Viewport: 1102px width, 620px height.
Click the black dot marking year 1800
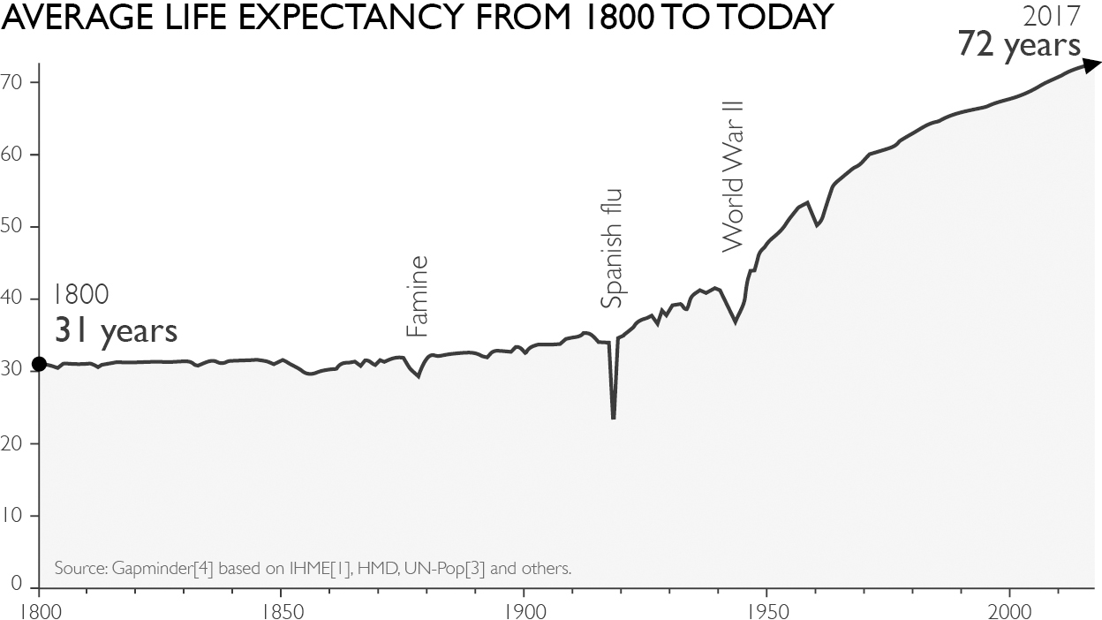(x=39, y=364)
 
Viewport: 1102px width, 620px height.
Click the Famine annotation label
(x=417, y=296)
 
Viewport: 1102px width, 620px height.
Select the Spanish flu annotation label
(x=612, y=248)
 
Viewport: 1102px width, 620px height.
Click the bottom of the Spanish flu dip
(x=614, y=419)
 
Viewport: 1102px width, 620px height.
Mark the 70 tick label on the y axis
(x=11, y=82)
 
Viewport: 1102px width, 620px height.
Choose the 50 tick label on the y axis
(x=11, y=227)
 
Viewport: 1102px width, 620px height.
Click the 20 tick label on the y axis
(x=11, y=444)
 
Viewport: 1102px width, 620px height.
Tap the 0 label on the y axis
(x=16, y=584)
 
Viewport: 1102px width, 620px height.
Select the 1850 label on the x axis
(x=281, y=612)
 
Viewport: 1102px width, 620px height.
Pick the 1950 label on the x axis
(x=766, y=612)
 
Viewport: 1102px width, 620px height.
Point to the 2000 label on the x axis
(x=1009, y=612)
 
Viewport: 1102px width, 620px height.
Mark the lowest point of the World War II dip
(x=735, y=322)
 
